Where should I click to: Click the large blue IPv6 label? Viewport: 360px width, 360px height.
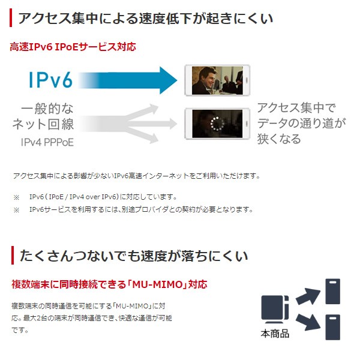coord(50,80)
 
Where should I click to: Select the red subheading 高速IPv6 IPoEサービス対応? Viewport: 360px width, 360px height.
coord(73,47)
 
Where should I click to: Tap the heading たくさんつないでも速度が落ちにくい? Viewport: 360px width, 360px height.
coord(133,256)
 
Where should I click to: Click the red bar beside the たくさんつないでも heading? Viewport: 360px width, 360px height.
coord(11,256)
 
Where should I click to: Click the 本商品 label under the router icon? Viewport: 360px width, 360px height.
coord(275,334)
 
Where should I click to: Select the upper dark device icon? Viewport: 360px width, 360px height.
coord(333,291)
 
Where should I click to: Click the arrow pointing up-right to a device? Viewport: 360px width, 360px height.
coord(307,296)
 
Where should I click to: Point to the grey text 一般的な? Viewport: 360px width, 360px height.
coord(47,109)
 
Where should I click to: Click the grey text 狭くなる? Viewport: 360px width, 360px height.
coord(280,139)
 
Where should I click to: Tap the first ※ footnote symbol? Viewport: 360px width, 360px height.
coord(16,197)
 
